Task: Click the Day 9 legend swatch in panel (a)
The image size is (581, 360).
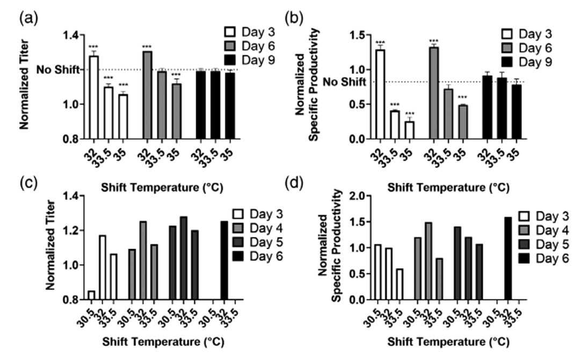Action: [x=230, y=60]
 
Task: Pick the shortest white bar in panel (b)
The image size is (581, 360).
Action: [x=410, y=130]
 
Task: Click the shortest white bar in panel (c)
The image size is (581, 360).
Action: [x=92, y=295]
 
